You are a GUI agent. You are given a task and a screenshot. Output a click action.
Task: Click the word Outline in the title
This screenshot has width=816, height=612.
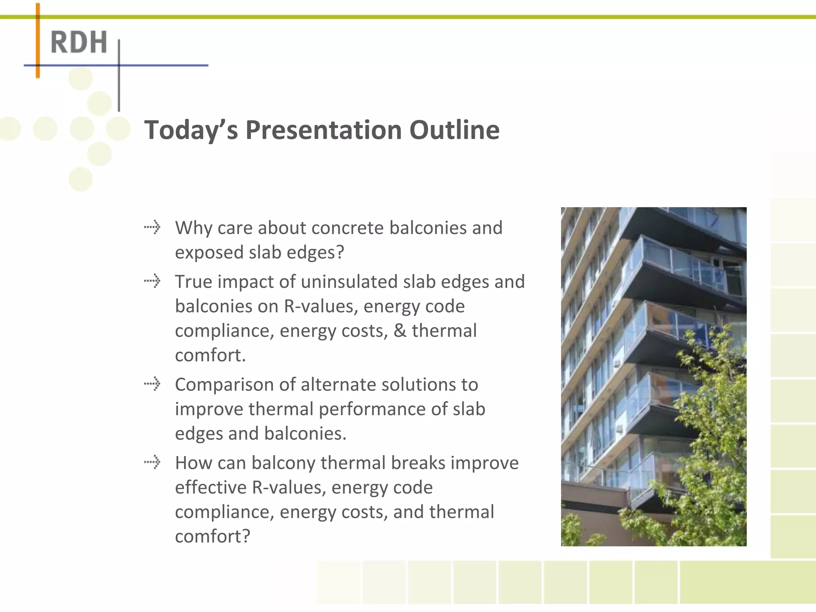point(454,130)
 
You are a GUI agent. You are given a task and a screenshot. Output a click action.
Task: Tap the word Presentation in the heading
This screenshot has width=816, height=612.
point(323,130)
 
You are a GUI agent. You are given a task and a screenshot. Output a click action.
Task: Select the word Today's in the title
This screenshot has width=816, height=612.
point(191,130)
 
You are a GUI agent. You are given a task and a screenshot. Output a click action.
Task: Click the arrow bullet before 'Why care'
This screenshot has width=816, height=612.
point(152,228)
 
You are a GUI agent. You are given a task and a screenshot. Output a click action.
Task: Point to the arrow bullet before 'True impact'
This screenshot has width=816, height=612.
point(152,281)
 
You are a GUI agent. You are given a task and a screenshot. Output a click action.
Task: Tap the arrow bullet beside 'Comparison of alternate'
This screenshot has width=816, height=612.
point(152,384)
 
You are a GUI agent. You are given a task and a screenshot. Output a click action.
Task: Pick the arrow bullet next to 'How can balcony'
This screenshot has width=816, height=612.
point(152,462)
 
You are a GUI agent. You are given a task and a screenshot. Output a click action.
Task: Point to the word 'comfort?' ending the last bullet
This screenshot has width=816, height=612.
point(212,536)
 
